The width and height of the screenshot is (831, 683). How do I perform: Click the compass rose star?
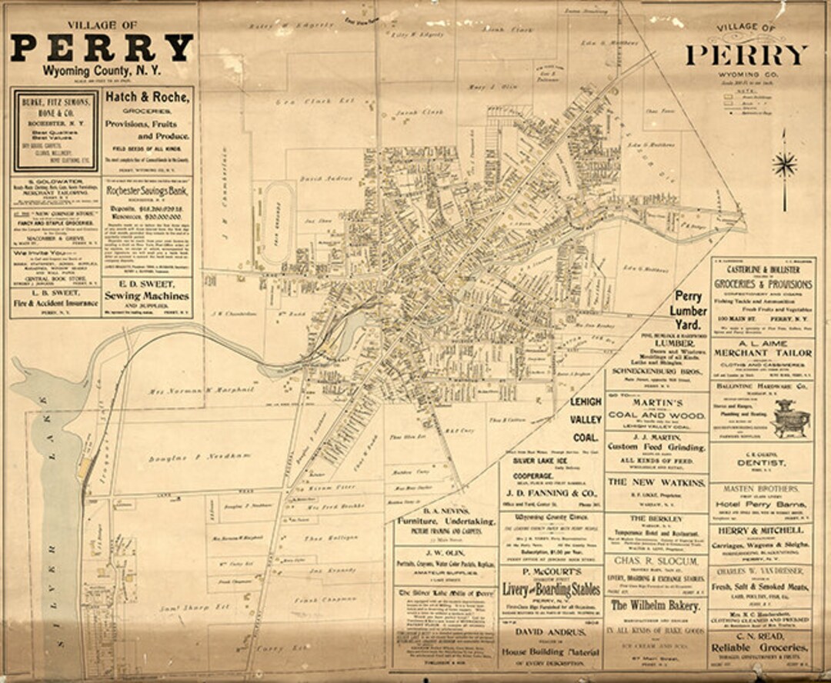(x=784, y=164)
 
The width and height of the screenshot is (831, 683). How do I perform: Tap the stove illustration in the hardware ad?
(x=793, y=421)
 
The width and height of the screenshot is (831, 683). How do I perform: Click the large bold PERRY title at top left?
(x=101, y=48)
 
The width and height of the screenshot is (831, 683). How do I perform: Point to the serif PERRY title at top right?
(x=746, y=55)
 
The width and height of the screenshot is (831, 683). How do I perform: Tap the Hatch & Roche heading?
(x=147, y=98)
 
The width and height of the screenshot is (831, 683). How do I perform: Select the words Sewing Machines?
(x=147, y=295)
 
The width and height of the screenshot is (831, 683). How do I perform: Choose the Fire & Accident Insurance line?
(x=55, y=304)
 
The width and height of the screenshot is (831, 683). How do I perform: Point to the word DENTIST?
(x=762, y=464)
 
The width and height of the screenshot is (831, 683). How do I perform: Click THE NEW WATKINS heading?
(x=656, y=482)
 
